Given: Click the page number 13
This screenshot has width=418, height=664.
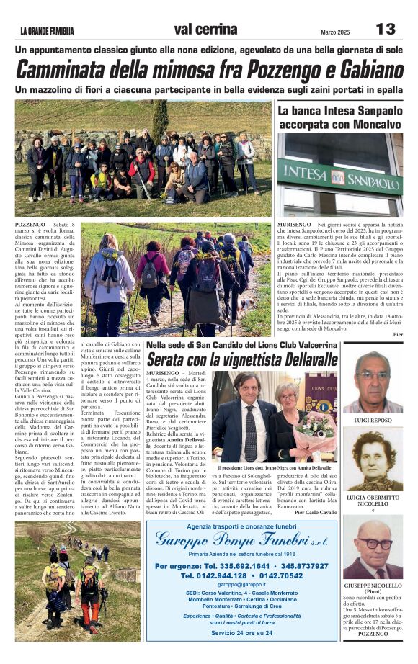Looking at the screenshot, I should (x=386, y=29).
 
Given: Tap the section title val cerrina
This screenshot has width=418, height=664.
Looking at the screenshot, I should (x=205, y=30).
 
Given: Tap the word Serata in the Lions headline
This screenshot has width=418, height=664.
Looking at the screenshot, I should (x=171, y=359).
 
